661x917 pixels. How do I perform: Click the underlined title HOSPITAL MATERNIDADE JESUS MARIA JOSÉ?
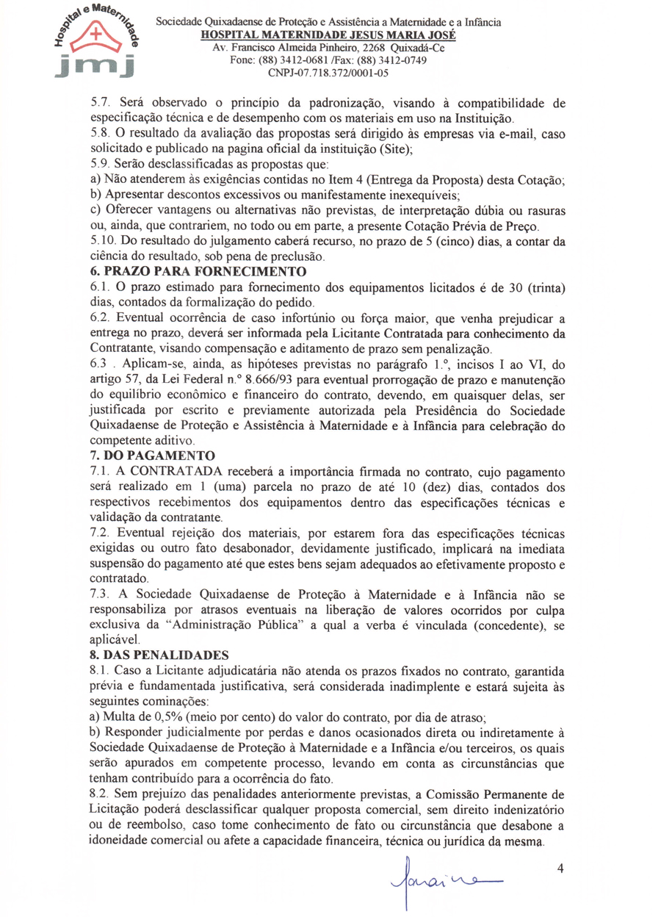pyautogui.click(x=328, y=35)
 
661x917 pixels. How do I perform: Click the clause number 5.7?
pyautogui.click(x=98, y=104)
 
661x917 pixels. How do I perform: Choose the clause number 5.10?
pyautogui.click(x=101, y=242)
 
